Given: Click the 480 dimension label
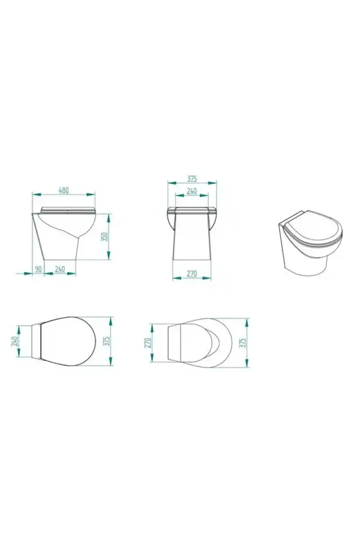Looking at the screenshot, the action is click(63, 190).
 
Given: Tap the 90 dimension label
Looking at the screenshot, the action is click(39, 269).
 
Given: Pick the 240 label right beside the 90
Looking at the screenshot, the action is click(60, 269).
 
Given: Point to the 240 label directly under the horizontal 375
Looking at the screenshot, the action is click(192, 191).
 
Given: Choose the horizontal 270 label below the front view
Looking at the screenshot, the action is click(192, 274).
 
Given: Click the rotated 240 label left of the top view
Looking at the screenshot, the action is click(14, 342).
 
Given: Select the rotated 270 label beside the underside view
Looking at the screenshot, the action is click(148, 342).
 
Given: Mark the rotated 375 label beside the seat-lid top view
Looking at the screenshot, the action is click(107, 341).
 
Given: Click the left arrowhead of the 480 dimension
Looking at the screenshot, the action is click(36, 194).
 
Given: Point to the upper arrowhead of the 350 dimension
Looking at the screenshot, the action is click(109, 218).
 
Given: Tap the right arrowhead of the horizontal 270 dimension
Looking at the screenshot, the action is click(207, 278).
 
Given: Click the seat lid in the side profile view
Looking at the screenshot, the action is click(68, 210).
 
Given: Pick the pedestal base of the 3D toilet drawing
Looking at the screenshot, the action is click(305, 261).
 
